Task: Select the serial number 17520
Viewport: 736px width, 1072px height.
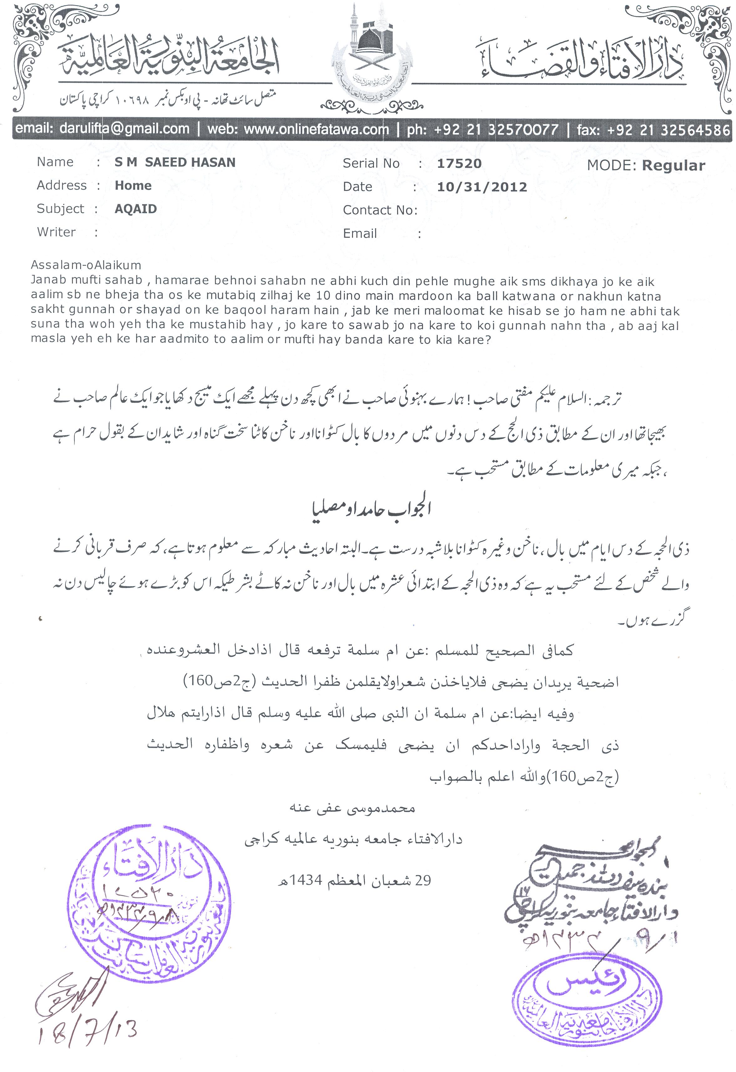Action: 459,163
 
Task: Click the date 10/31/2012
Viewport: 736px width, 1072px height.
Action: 482,187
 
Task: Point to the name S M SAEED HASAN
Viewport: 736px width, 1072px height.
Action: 175,162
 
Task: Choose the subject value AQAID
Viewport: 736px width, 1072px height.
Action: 135,209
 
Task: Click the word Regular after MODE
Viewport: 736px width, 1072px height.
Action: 673,166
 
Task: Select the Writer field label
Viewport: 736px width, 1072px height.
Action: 56,232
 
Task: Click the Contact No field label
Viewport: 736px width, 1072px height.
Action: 380,210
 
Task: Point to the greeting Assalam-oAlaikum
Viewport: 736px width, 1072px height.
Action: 86,265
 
